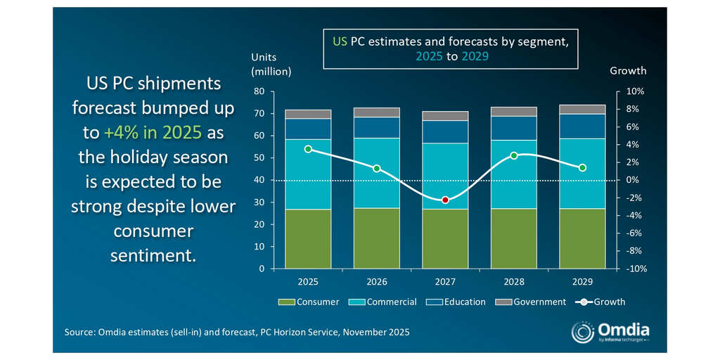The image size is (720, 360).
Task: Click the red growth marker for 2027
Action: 445,200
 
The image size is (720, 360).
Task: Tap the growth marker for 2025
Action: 308,149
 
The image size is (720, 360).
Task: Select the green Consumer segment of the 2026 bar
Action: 377,238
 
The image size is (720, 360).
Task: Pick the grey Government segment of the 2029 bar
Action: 582,109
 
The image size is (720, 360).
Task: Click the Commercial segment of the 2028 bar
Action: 514,174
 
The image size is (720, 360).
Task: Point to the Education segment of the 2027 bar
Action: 445,131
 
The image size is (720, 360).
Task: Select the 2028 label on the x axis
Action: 514,282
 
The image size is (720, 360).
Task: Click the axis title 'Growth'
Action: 628,71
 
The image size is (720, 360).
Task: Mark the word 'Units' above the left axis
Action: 264,56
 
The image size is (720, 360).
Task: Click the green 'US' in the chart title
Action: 340,41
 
